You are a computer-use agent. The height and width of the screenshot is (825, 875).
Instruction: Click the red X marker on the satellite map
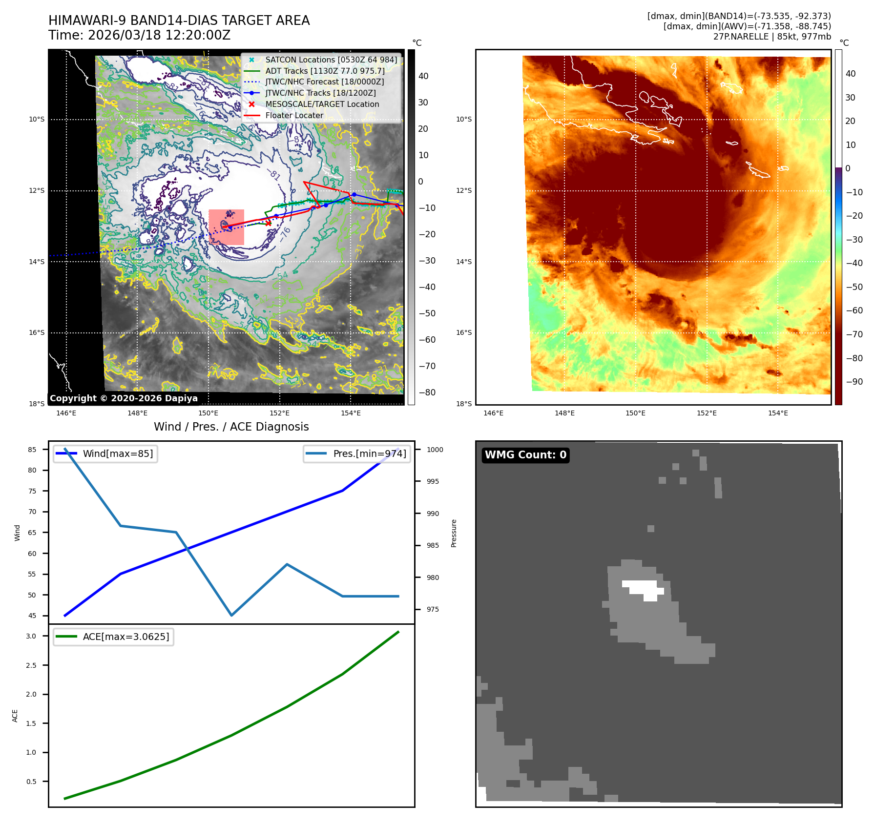[x=268, y=223]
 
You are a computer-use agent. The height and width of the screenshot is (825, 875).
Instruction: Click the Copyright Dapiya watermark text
[x=124, y=398]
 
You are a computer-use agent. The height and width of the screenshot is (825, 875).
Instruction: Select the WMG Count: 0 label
[x=525, y=455]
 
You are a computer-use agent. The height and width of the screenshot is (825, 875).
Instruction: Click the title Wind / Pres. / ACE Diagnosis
[x=231, y=427]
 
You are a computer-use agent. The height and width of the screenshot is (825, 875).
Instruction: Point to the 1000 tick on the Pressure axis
[x=435, y=450]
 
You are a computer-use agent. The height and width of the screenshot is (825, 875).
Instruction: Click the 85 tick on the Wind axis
[x=32, y=450]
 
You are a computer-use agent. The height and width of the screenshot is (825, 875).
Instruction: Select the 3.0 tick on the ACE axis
[x=31, y=636]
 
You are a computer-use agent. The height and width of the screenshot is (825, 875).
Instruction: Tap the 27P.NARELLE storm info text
[x=771, y=37]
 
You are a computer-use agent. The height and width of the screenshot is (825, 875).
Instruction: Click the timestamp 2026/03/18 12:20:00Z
[x=159, y=36]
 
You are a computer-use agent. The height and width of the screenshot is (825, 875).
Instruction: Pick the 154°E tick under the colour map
[x=777, y=413]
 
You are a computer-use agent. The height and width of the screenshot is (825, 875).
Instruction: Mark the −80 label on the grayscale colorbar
[x=427, y=392]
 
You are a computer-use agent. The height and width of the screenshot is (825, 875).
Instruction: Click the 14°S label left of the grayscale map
[x=37, y=262]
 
